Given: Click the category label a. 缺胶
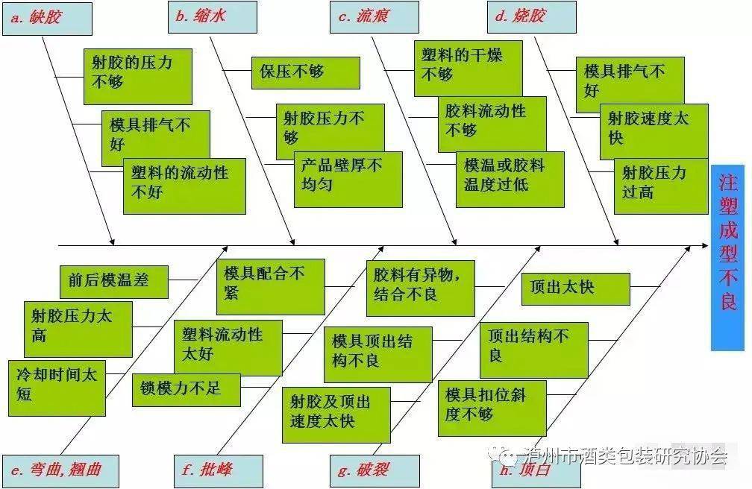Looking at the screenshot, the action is click(47, 19).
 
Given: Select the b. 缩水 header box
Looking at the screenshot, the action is click(212, 17).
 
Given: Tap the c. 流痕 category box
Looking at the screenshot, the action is click(374, 17).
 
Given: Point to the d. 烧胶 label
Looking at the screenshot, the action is click(531, 17).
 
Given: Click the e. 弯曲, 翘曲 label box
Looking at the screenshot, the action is click(60, 471).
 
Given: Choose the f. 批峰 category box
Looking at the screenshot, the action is click(218, 471).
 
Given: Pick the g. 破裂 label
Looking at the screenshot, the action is click(375, 471).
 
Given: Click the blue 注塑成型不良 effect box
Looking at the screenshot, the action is click(727, 258).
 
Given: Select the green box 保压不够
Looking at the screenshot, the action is click(306, 73).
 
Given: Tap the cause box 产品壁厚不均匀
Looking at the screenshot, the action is click(348, 180).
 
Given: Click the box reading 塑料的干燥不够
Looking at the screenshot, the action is click(468, 69).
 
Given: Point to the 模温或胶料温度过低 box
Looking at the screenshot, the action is click(510, 180).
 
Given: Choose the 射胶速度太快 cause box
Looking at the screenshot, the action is click(654, 132).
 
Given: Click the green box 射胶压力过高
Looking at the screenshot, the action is click(661, 186).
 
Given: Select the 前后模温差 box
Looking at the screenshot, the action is click(114, 282).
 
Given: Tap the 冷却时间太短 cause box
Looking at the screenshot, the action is click(57, 388).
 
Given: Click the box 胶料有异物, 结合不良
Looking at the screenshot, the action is click(421, 288).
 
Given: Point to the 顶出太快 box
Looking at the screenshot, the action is click(575, 289).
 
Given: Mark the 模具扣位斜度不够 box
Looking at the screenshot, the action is click(492, 408).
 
